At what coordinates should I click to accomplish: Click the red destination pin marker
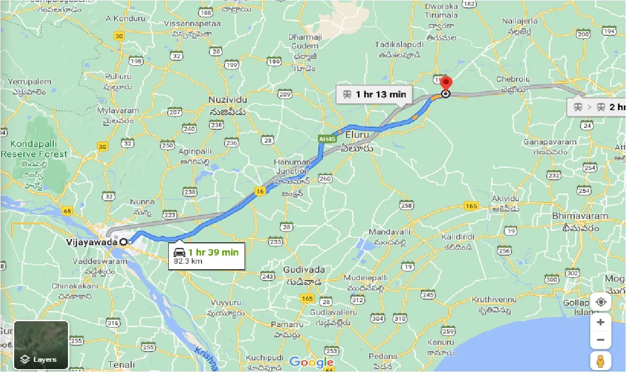(446, 84)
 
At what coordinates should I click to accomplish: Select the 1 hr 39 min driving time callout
(206, 256)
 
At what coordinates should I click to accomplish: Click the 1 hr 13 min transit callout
(374, 94)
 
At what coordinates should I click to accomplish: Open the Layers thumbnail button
(41, 345)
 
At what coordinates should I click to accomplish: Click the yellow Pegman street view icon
(601, 361)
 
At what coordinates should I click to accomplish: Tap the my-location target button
(601, 302)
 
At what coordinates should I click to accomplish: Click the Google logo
(311, 362)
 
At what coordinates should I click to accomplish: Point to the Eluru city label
(356, 134)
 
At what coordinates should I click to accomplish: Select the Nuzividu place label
(227, 99)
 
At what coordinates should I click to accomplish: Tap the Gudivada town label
(304, 270)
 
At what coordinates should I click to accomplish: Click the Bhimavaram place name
(580, 216)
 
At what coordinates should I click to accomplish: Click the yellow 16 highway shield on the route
(261, 191)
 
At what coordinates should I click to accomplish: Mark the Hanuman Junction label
(292, 166)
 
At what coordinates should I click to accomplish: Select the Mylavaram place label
(118, 111)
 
